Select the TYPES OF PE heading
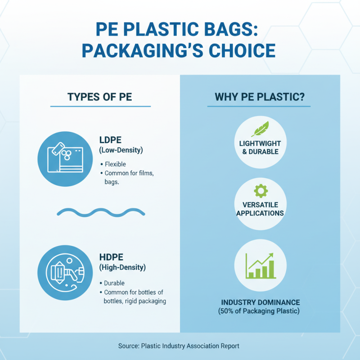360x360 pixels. pos(99,97)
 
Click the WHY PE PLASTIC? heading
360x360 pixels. pos(259,97)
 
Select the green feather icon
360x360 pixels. pos(260,130)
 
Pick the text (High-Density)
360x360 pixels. pos(122,268)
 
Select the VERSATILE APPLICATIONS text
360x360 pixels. pos(260,208)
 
